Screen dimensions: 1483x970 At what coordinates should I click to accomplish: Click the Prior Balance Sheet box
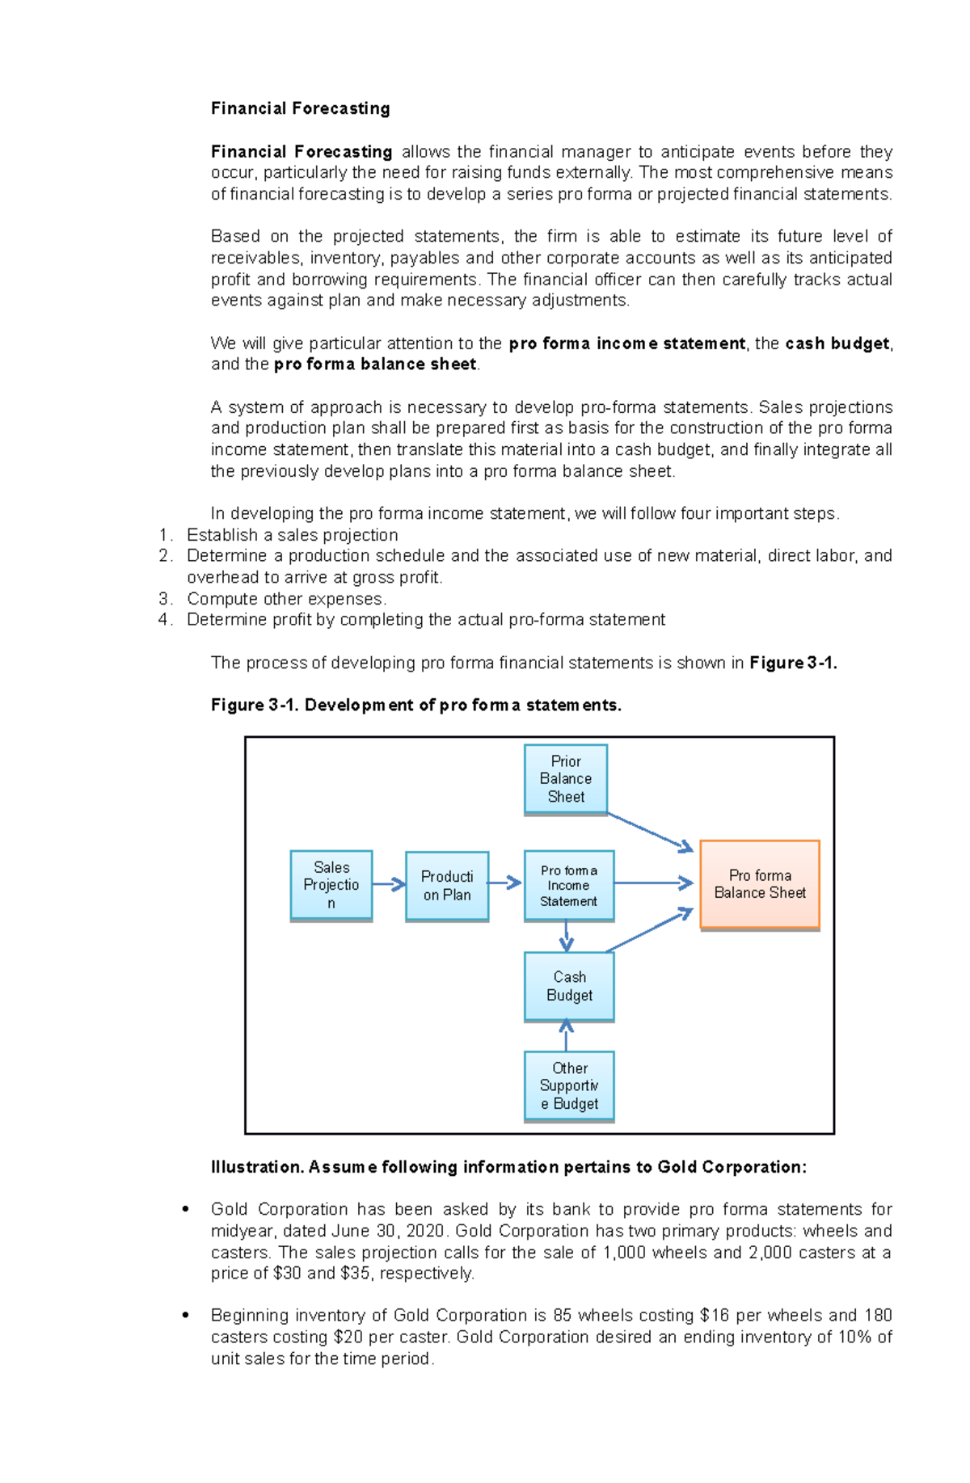tap(566, 779)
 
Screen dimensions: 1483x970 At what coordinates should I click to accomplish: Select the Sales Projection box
tap(331, 885)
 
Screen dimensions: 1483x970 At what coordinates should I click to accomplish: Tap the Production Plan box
tap(447, 886)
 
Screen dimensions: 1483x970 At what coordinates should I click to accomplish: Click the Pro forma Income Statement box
tap(569, 885)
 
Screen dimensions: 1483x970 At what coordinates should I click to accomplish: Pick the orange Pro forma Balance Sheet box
tap(760, 884)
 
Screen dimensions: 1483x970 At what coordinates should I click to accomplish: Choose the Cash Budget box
tap(569, 986)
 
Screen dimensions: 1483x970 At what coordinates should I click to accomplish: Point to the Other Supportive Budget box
tap(569, 1085)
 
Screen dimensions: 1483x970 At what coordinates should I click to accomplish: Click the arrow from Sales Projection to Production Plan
tap(389, 884)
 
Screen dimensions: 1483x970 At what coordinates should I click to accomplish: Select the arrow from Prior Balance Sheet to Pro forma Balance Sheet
tap(651, 832)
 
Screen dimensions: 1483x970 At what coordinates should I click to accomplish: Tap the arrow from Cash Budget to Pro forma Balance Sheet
tap(651, 930)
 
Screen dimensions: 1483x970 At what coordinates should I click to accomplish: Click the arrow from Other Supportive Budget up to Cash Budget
tap(566, 1035)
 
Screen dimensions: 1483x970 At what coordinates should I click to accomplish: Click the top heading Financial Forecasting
tap(300, 108)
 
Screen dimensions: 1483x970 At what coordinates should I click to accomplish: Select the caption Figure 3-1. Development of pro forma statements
tap(415, 705)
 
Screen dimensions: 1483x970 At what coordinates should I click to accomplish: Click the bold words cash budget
tap(837, 343)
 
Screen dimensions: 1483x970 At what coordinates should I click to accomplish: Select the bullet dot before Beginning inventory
tap(186, 1316)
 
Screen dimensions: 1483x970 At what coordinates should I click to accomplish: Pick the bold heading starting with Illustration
tap(508, 1167)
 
